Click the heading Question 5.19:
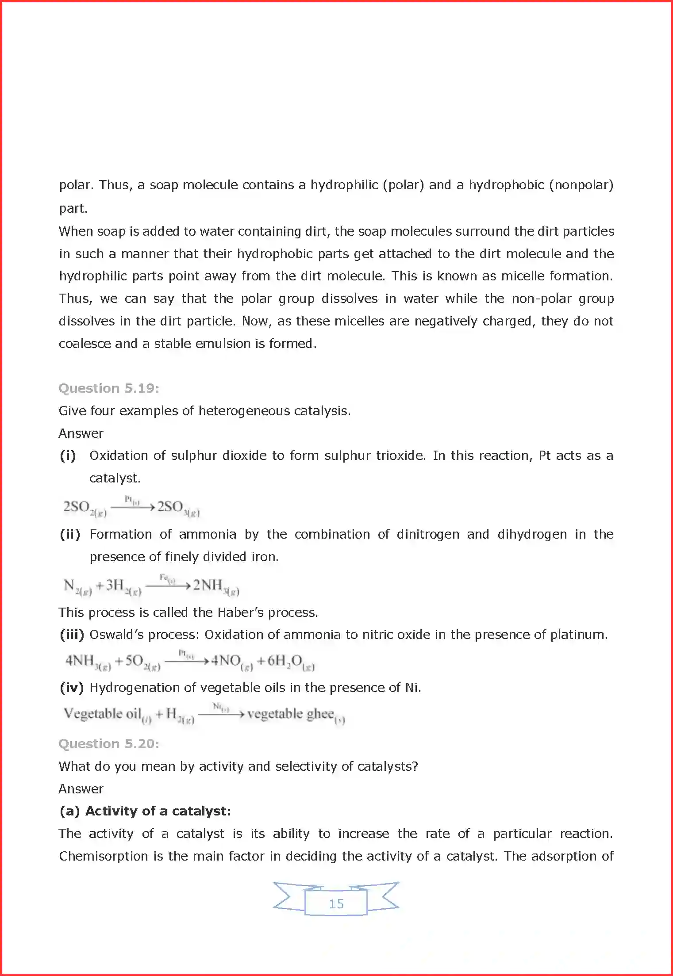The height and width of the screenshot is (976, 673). click(x=108, y=388)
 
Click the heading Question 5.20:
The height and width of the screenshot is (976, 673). click(x=108, y=744)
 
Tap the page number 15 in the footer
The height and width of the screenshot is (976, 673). click(x=336, y=904)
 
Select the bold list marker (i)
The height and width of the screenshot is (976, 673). click(x=68, y=455)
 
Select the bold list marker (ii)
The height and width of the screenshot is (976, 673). click(x=70, y=534)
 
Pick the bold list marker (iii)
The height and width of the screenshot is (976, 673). click(x=72, y=635)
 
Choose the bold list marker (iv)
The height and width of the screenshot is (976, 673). click(x=72, y=688)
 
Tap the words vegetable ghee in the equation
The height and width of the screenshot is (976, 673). click(x=290, y=714)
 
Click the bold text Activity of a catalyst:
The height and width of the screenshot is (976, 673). click(x=158, y=811)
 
